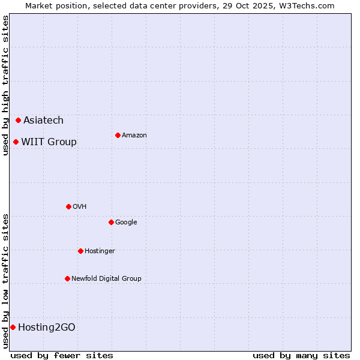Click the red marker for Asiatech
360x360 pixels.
tap(19, 121)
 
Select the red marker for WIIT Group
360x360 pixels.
tap(16, 142)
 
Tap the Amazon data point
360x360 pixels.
tap(118, 136)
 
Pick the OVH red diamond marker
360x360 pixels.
tap(68, 207)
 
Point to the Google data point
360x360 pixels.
tap(111, 223)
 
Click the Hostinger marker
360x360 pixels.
tap(80, 251)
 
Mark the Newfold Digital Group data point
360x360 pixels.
tap(67, 279)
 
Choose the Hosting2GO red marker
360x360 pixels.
tap(13, 328)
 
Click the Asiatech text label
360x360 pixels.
tap(43, 121)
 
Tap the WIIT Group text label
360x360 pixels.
tap(49, 142)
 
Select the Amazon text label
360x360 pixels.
tap(134, 136)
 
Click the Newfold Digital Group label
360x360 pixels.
tap(106, 279)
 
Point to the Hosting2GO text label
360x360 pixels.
tap(47, 328)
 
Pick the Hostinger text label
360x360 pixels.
tap(100, 251)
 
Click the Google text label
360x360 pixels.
tap(126, 223)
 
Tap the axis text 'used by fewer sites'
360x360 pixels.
tap(62, 355)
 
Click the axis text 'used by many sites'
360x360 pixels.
tap(301, 355)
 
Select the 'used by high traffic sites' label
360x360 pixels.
tap(5, 85)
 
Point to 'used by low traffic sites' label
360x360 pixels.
tap(5, 281)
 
